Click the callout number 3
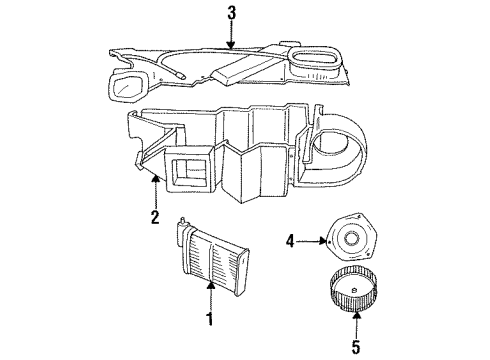(231, 13)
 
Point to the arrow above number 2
(156, 190)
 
